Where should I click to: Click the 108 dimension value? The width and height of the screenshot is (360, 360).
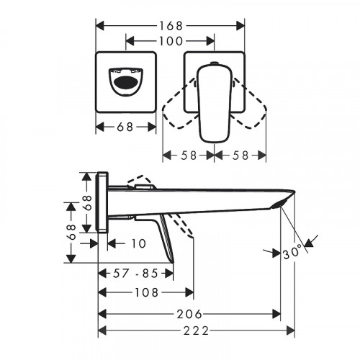pos(147,293)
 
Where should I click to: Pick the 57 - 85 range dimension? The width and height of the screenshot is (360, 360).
pos(135,274)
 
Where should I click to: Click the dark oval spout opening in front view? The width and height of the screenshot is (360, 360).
pos(127,81)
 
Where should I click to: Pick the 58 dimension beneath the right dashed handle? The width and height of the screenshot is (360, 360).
pos(240,155)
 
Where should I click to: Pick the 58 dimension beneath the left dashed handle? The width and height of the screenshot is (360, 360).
pos(189,155)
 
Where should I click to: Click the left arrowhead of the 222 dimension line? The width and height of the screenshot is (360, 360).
pos(100,331)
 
